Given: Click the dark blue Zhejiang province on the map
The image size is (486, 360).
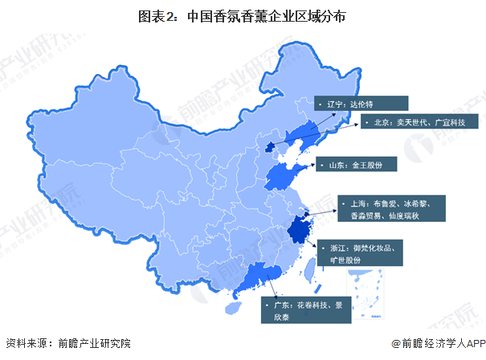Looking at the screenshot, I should coord(301,231).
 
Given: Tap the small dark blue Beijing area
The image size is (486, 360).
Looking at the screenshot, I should coord(269,145).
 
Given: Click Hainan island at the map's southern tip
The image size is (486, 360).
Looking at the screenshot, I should coord(234,306).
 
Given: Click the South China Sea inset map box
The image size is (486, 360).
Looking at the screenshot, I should coord(365,292).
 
